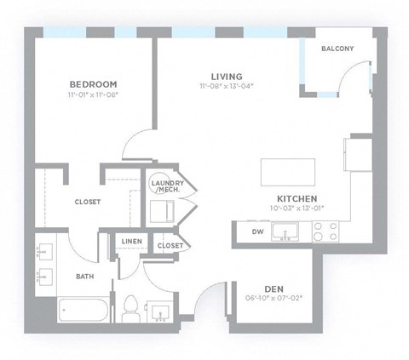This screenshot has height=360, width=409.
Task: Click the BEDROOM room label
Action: (x=92, y=84)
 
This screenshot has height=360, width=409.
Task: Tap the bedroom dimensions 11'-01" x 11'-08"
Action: (x=92, y=94)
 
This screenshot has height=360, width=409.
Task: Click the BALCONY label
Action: (x=337, y=49)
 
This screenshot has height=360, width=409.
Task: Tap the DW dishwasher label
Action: (x=257, y=231)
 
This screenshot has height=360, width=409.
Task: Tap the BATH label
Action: (x=85, y=276)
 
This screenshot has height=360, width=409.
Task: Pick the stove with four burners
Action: (x=324, y=231)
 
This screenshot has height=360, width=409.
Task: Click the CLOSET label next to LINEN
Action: (x=170, y=245)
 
